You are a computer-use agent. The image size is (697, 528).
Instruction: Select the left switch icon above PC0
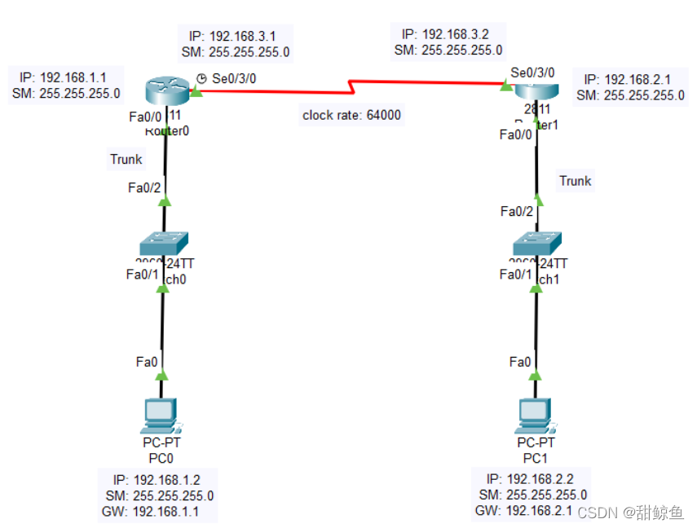(x=164, y=243)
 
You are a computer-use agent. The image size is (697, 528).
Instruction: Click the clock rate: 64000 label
(x=351, y=115)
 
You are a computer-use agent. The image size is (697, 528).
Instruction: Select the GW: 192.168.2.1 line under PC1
(x=525, y=511)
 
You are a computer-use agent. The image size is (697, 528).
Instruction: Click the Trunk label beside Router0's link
(x=126, y=159)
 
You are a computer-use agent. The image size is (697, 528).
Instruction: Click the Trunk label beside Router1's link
(x=575, y=181)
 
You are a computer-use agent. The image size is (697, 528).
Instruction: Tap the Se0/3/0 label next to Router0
(x=234, y=79)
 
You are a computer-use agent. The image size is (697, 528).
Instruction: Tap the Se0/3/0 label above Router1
(x=533, y=72)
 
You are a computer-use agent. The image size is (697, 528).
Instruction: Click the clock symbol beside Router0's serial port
(x=201, y=79)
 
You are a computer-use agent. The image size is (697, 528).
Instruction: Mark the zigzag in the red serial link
(x=351, y=85)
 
